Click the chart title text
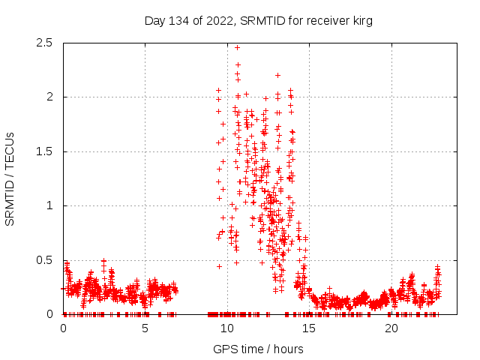[x=258, y=21]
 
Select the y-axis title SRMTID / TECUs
[x=10, y=178]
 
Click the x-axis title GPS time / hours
[x=258, y=349]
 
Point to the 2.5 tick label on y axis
[x=43, y=43]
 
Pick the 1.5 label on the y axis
[x=43, y=151]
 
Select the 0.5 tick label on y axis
[x=43, y=260]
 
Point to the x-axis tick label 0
[x=63, y=328]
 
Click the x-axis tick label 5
[x=145, y=328]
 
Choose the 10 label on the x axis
[x=227, y=328]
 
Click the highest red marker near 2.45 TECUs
[x=237, y=47]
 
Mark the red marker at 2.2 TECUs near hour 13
[x=277, y=75]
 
